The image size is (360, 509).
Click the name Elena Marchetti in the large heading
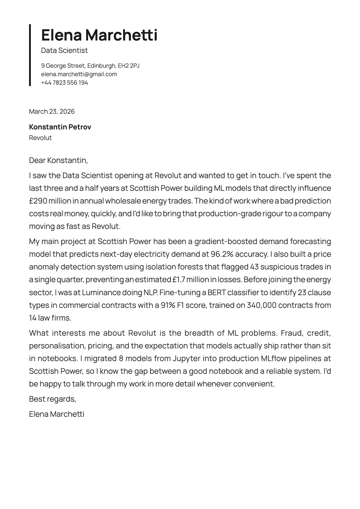pyautogui.click(x=99, y=35)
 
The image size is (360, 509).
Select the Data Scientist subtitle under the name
pyautogui.click(x=64, y=51)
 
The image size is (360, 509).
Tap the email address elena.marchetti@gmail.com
pyautogui.click(x=79, y=74)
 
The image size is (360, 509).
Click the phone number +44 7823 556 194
pyautogui.click(x=64, y=83)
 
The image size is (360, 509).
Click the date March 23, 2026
pyautogui.click(x=52, y=111)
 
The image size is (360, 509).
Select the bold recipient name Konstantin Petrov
pyautogui.click(x=60, y=127)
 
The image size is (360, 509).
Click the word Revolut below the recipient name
pyautogui.click(x=40, y=138)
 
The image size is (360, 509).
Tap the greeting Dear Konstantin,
pyautogui.click(x=58, y=160)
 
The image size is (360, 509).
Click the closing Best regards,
pyautogui.click(x=52, y=399)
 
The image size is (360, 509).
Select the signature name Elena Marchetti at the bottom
pyautogui.click(x=56, y=414)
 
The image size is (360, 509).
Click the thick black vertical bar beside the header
pyautogui.click(x=30, y=55)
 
